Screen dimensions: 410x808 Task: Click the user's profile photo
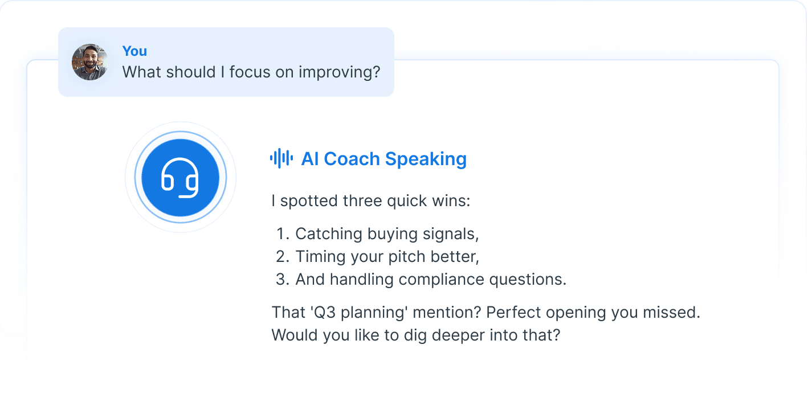click(89, 62)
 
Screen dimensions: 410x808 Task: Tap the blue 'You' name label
click(134, 51)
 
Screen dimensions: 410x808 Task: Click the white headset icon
click(180, 177)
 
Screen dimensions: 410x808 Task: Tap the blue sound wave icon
click(281, 158)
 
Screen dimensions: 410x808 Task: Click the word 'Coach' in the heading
click(352, 159)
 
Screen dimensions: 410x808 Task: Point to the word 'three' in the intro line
click(366, 201)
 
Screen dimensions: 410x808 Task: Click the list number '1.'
click(283, 234)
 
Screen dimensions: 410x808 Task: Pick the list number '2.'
click(283, 257)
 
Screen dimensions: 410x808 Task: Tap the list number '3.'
click(283, 280)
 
